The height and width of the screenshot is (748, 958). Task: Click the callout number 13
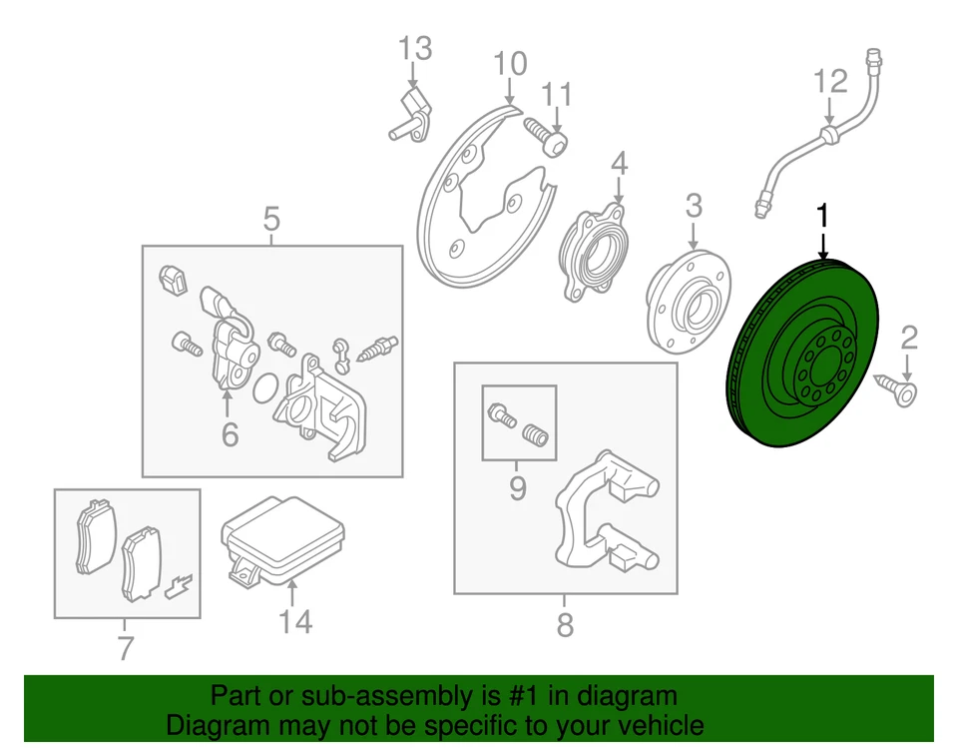(x=416, y=48)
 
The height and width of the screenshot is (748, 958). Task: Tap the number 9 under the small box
(x=517, y=489)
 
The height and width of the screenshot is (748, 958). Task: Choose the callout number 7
(x=125, y=649)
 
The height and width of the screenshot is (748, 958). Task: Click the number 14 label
(x=295, y=621)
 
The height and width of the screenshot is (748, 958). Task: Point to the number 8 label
(x=565, y=626)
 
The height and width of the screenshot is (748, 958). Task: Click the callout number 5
(x=271, y=217)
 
